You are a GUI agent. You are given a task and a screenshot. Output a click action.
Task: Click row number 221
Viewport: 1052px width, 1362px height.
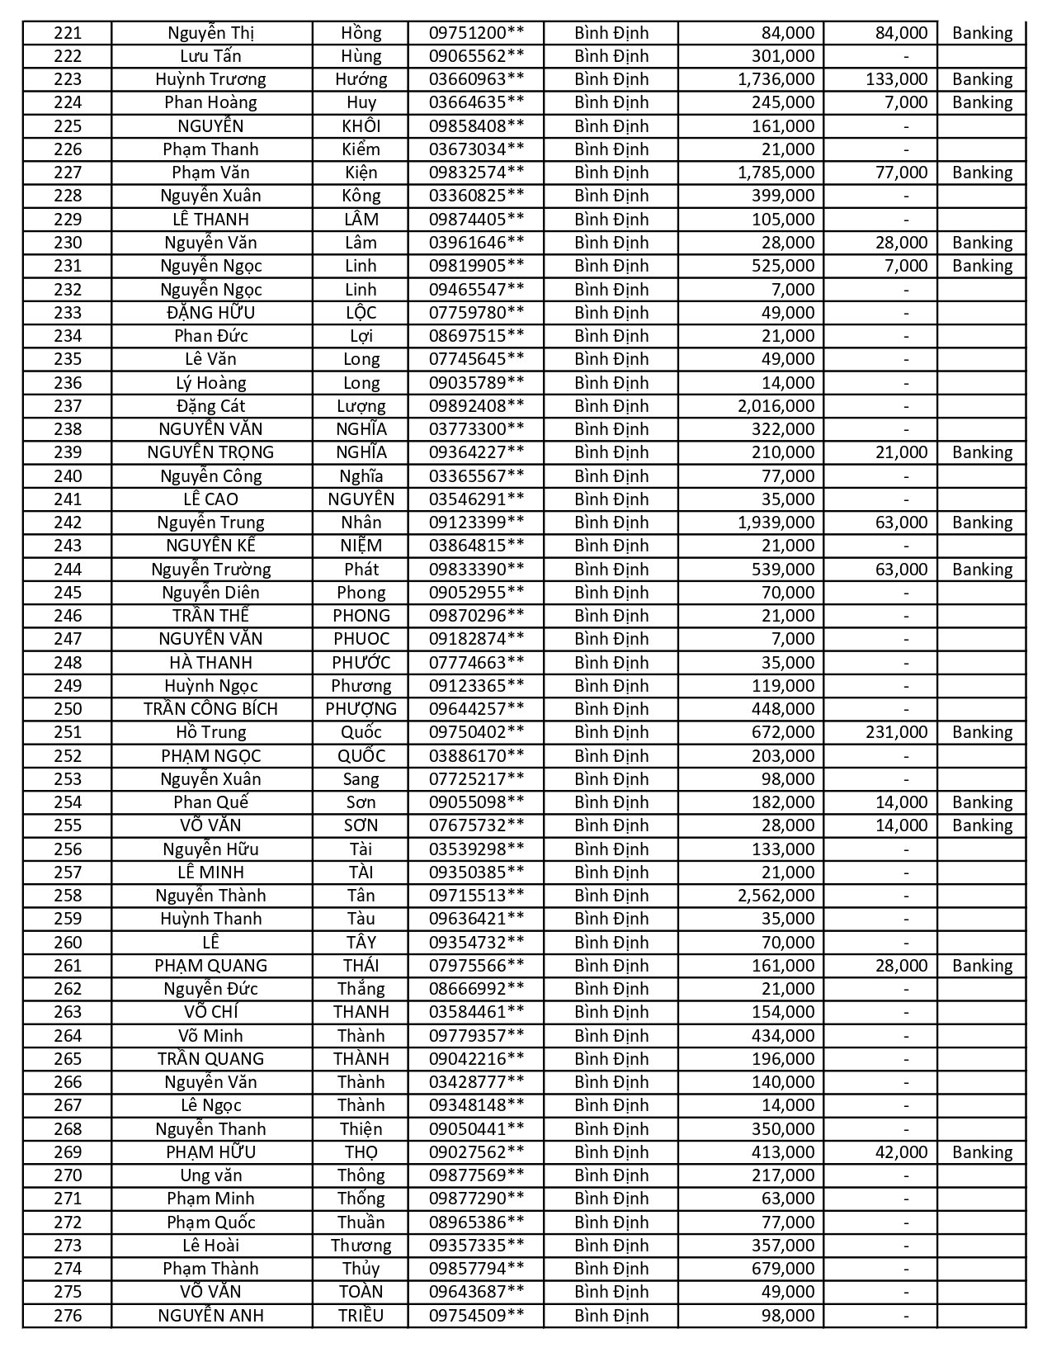tap(68, 33)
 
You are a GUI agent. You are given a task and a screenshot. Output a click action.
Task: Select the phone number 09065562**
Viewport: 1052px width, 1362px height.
tap(476, 56)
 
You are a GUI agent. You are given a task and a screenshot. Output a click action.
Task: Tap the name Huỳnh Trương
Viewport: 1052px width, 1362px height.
tap(211, 79)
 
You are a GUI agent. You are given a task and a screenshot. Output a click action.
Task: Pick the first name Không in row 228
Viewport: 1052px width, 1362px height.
tap(361, 196)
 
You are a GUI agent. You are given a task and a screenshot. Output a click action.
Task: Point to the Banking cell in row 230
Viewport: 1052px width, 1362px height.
tap(982, 243)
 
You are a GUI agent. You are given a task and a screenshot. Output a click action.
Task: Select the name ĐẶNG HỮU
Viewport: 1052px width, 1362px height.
tap(211, 312)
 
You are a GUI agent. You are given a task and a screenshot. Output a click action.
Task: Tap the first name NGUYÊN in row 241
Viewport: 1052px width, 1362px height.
tap(361, 499)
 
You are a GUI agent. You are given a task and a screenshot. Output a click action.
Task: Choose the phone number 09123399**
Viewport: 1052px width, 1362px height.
tap(476, 523)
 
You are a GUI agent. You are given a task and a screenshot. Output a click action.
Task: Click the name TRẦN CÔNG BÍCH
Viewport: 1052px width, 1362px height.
tap(211, 709)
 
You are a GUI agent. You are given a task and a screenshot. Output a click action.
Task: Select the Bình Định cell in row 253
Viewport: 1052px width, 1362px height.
tap(611, 778)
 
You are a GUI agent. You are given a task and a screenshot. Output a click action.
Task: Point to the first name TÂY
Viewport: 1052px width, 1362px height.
tap(361, 942)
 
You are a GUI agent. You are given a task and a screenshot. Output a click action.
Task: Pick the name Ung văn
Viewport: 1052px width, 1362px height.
tap(211, 1175)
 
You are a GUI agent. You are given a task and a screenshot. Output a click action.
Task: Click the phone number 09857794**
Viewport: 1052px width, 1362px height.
tap(476, 1269)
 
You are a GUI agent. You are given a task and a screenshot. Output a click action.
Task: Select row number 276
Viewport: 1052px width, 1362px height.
tap(68, 1315)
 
